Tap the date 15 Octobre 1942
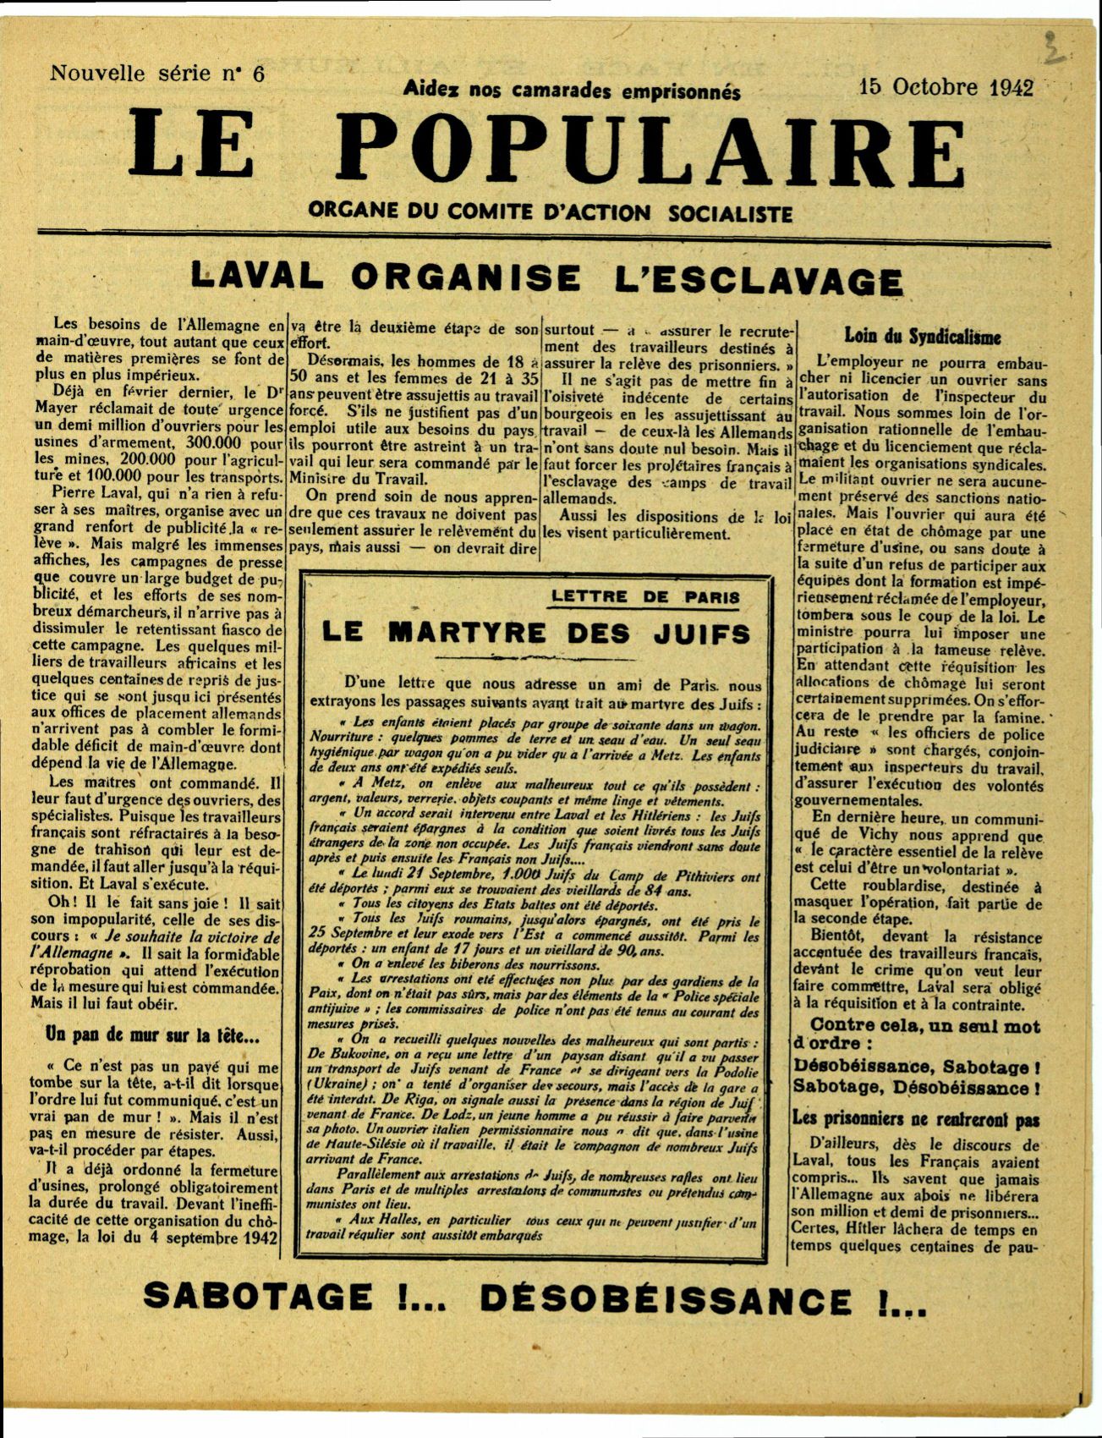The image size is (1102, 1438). (x=946, y=87)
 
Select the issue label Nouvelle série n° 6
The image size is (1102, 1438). (x=157, y=74)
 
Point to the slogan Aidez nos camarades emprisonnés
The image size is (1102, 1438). (x=572, y=90)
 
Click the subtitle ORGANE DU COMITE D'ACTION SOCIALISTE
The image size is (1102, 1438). (x=551, y=211)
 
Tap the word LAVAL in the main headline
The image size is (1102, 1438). (x=258, y=276)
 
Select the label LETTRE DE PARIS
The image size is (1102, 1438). (x=645, y=596)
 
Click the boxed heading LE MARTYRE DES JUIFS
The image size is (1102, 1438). (x=536, y=633)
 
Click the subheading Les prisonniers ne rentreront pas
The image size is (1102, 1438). (x=916, y=1118)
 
